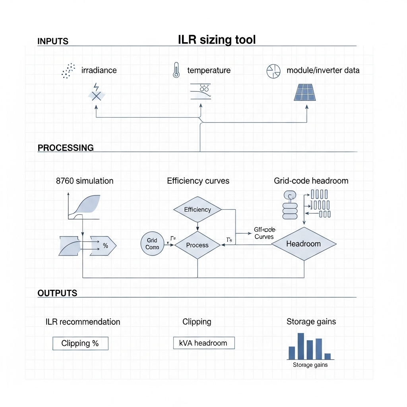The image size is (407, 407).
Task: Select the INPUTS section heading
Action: point(53,41)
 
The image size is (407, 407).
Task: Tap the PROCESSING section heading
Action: point(66,148)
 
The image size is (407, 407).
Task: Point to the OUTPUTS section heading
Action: point(57,293)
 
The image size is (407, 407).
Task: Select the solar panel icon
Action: point(305,92)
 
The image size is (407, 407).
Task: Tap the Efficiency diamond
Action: point(198,209)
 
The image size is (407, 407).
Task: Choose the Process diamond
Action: point(198,245)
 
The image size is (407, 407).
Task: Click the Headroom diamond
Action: point(304,244)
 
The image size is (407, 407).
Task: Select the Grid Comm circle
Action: point(152,244)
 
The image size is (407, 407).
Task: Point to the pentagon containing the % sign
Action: point(104,246)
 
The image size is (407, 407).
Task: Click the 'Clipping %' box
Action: point(80,343)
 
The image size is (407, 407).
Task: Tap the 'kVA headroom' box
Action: point(204,343)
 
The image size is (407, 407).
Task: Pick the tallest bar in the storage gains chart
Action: point(301,346)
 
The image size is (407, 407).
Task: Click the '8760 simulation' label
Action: point(85,181)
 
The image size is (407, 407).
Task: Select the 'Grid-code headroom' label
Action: point(311,181)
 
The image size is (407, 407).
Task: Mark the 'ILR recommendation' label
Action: point(83,322)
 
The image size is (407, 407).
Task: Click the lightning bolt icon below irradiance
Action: point(96,87)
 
